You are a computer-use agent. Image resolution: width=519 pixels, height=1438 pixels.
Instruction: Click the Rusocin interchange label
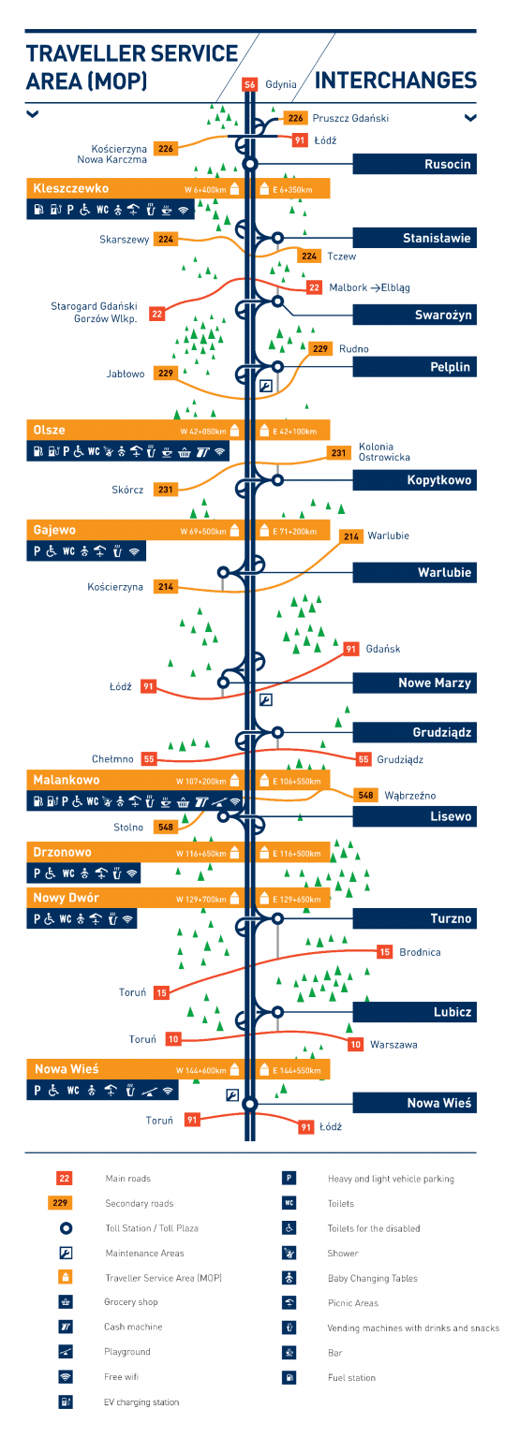point(448,165)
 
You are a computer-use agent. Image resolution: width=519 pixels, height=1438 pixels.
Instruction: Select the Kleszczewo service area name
point(71,188)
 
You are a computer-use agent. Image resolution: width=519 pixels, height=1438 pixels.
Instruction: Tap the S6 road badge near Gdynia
point(249,84)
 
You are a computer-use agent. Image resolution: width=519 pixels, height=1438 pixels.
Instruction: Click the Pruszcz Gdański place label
point(350,118)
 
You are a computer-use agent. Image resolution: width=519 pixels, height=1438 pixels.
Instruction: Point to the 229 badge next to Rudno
point(320,349)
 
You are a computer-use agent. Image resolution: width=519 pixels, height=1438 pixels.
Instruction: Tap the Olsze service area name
point(49,430)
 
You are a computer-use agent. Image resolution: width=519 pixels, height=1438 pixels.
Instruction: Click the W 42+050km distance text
point(204,432)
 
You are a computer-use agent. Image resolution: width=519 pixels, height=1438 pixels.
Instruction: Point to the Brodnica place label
point(420,952)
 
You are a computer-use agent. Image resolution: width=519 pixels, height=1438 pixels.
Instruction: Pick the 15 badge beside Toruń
point(162,992)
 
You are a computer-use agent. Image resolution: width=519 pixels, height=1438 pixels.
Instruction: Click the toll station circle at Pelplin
point(277,366)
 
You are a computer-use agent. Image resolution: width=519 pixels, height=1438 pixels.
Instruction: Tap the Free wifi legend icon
point(66,1377)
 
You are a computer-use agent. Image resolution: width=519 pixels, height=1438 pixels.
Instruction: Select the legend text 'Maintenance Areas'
point(144,1253)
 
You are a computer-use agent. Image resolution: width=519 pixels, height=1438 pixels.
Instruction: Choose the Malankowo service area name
point(66,780)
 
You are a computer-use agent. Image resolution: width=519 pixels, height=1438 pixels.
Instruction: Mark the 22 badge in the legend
point(65,1179)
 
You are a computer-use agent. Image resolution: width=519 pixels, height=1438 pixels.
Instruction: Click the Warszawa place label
point(393,1044)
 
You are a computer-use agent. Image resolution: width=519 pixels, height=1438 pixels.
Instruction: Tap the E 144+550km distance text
point(295,1070)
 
